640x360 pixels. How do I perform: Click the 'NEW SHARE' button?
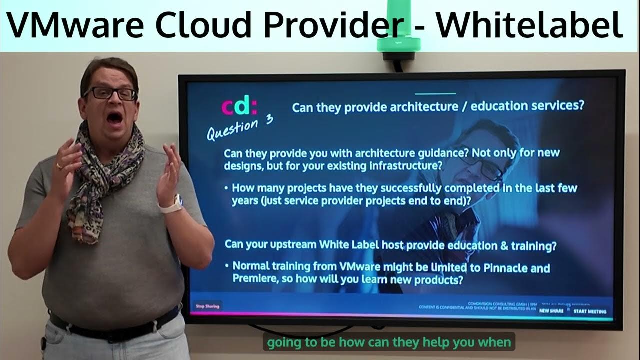pyautogui.click(x=551, y=311)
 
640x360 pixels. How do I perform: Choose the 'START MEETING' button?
pyautogui.click(x=590, y=311)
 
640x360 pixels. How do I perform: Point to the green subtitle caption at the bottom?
pyautogui.click(x=388, y=343)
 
